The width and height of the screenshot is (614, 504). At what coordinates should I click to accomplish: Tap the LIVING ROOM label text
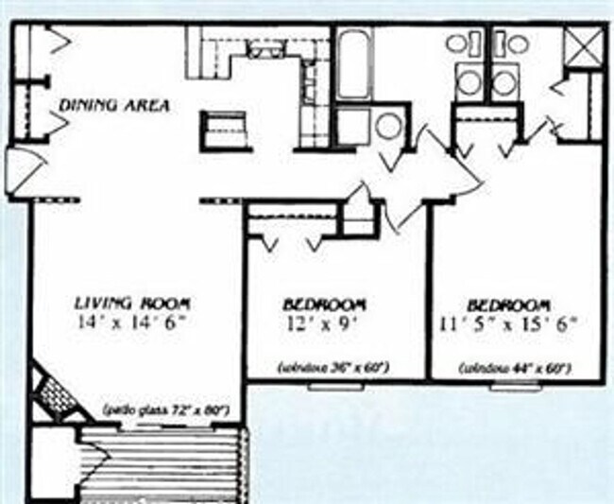pyautogui.click(x=132, y=304)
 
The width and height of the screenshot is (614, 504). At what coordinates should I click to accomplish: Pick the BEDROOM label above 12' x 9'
pyautogui.click(x=324, y=305)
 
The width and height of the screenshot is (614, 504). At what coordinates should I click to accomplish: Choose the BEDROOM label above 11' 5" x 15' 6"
pyautogui.click(x=510, y=305)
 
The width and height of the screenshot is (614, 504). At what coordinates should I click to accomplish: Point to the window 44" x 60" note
pyautogui.click(x=515, y=366)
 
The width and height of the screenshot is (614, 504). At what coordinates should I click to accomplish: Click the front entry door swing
pyautogui.click(x=17, y=170)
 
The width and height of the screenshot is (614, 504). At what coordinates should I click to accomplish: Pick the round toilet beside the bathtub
pyautogui.click(x=388, y=127)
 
